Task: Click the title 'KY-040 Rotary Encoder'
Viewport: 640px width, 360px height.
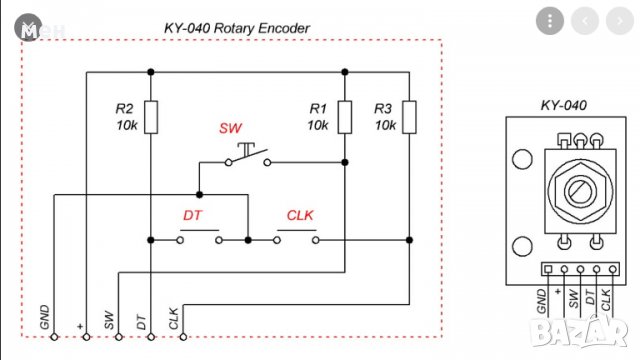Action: point(236,28)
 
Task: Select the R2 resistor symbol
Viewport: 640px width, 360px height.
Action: point(150,117)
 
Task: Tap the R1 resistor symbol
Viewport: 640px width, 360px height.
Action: point(343,117)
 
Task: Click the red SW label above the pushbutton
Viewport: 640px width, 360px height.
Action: point(230,130)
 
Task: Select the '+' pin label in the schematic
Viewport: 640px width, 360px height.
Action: point(80,325)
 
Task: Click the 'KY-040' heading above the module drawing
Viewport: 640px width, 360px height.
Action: point(563,104)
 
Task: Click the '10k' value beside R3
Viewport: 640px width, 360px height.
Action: point(384,126)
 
